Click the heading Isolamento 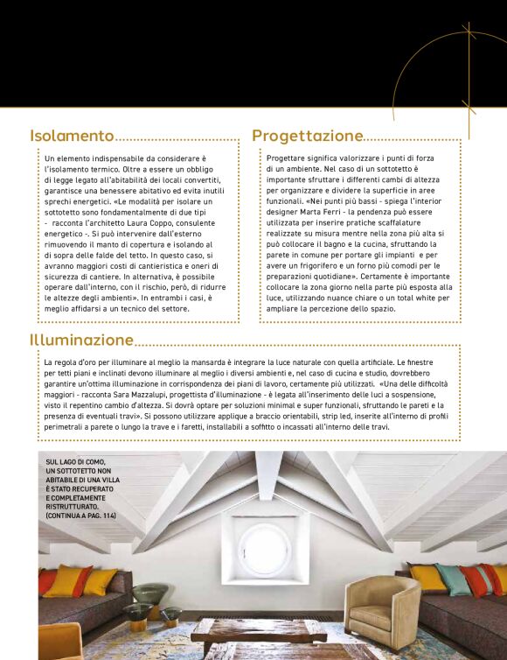coord(72,136)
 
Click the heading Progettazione coord(307,136)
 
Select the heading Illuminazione coord(82,339)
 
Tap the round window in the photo coord(265,548)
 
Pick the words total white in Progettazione coord(405,298)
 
